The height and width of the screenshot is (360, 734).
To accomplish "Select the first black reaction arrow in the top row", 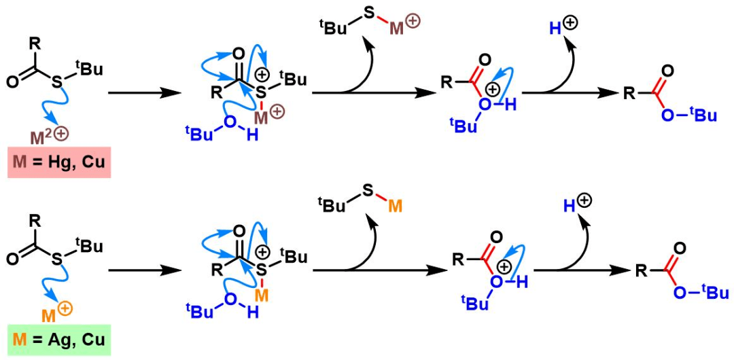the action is tap(143, 94).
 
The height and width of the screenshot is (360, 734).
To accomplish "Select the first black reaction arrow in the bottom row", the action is tap(143, 270).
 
